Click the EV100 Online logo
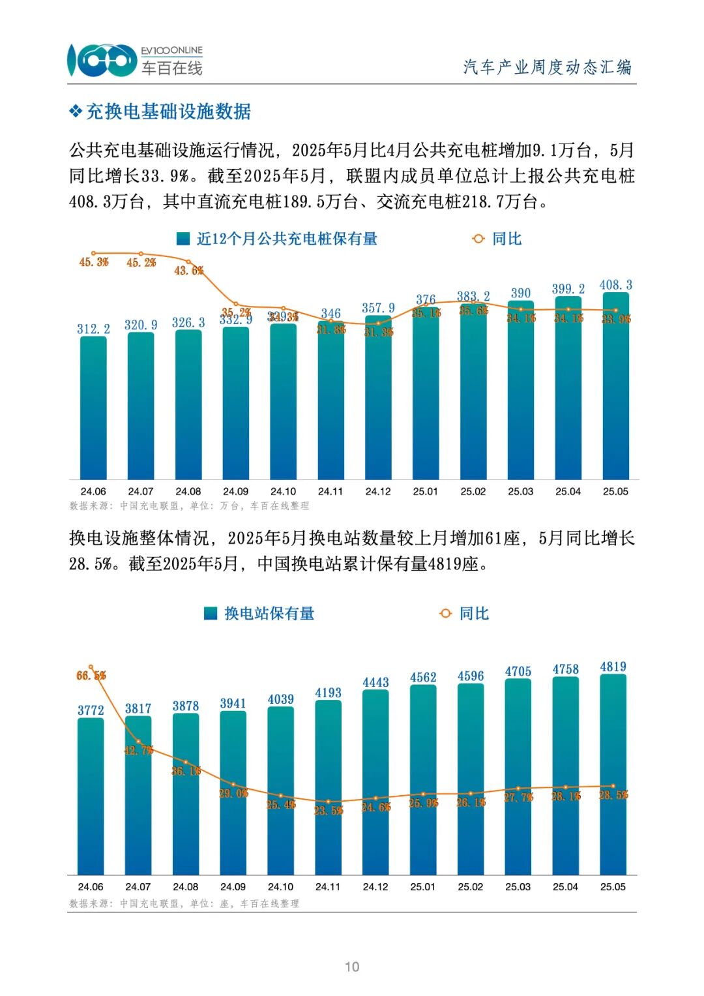pos(135,60)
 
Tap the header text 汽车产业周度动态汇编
pos(547,67)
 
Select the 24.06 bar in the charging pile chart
pos(93,408)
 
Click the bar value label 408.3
pos(615,285)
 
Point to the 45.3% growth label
pos(94,262)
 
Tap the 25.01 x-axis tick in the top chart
pos(425,491)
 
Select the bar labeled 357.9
pos(378,398)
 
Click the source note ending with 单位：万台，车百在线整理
pos(189,506)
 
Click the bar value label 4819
pos(613,667)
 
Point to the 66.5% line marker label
pos(91,676)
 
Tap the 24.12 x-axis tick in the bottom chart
pos(375,886)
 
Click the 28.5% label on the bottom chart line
pos(613,795)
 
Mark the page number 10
pos(352,967)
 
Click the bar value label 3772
pos(91,710)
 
